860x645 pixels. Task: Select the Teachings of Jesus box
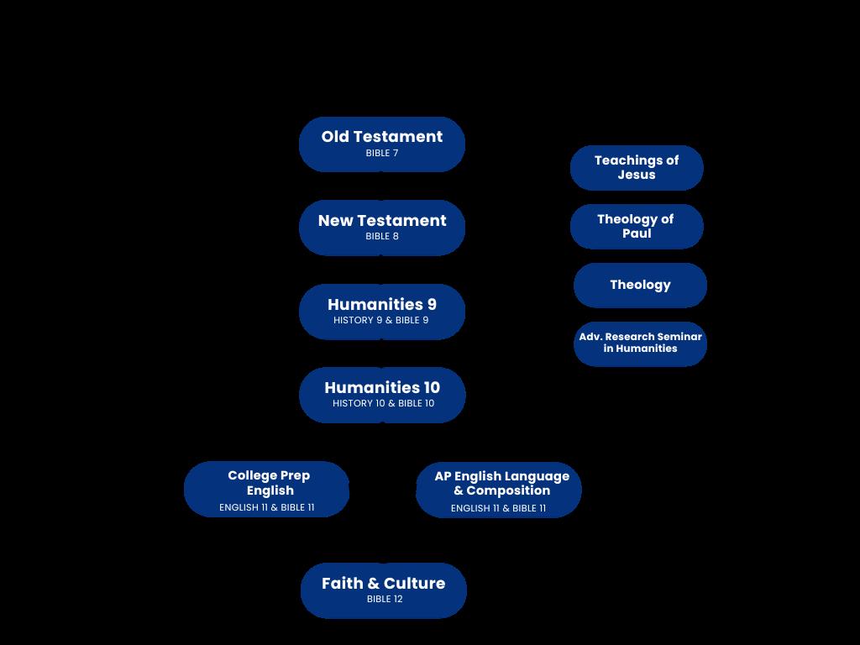[637, 167]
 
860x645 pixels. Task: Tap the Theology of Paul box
[636, 226]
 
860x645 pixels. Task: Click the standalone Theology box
[640, 285]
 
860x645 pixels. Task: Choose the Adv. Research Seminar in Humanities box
[640, 343]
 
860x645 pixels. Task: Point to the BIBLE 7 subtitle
[382, 154]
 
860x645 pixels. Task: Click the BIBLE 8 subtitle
[382, 237]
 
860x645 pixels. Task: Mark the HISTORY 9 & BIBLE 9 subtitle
[381, 320]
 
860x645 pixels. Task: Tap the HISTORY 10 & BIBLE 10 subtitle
[383, 404]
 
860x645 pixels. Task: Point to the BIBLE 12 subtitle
[385, 600]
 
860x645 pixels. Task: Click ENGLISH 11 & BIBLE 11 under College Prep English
[267, 508]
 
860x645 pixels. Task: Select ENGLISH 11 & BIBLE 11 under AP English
[498, 509]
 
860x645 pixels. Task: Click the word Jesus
[637, 175]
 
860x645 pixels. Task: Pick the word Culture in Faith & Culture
[414, 584]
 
